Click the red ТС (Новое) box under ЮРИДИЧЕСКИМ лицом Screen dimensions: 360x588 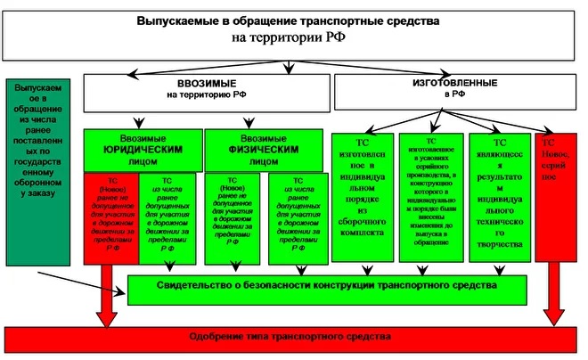[x=110, y=217]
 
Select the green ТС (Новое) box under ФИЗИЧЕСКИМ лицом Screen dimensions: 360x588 [x=235, y=217]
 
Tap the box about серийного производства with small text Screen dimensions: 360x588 [x=431, y=196]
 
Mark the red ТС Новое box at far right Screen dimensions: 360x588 [x=556, y=196]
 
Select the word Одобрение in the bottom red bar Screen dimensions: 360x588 [x=225, y=339]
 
